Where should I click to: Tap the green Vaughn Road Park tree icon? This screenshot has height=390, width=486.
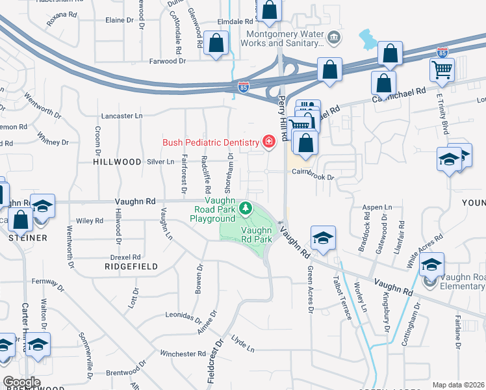(x=246, y=209)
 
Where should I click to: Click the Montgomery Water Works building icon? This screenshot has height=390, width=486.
(x=334, y=38)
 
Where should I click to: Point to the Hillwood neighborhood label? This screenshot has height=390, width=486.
(x=117, y=161)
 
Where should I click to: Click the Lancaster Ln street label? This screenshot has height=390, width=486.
(x=122, y=116)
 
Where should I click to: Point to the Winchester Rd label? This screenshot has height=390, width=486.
(x=183, y=354)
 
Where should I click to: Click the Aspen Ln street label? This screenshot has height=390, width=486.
(x=379, y=207)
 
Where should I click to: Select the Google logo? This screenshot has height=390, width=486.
(x=22, y=382)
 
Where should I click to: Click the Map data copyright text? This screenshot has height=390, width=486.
(x=459, y=385)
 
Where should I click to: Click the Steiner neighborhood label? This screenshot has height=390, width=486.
(x=27, y=238)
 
